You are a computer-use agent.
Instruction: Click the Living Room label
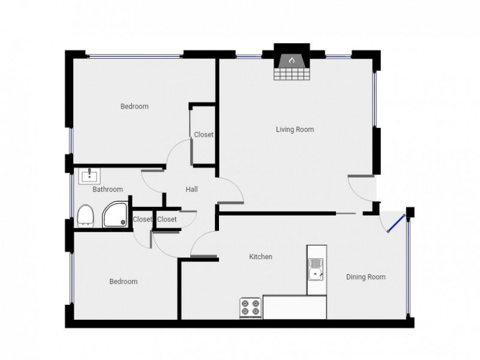(x=295, y=130)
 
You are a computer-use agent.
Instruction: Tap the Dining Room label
(x=365, y=277)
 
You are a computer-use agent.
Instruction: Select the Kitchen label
(x=260, y=257)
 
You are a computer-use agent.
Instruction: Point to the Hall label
(x=191, y=189)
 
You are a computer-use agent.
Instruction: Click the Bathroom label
(x=107, y=189)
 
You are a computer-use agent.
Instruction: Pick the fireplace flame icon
(x=292, y=60)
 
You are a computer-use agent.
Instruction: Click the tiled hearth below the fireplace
(x=292, y=74)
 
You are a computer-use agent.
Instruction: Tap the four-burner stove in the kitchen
(x=251, y=308)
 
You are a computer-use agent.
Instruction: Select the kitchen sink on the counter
(x=316, y=269)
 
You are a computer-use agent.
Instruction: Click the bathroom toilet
(x=85, y=216)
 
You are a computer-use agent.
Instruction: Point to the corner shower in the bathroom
(x=115, y=214)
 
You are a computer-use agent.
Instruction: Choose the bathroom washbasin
(x=89, y=176)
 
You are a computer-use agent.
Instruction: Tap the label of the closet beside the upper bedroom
(x=203, y=134)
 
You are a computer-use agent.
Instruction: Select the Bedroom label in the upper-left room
(x=134, y=107)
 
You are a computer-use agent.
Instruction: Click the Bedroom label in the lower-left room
(x=124, y=281)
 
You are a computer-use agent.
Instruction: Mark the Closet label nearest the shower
(x=142, y=219)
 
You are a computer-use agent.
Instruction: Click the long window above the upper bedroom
(x=134, y=56)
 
